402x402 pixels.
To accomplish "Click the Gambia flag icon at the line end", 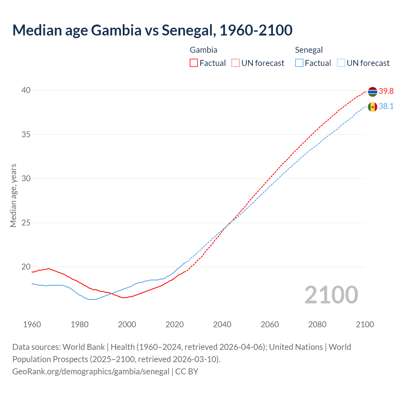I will coord(372,92).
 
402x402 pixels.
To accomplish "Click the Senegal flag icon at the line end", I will coord(372,107).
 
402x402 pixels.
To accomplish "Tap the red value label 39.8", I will coord(386,91).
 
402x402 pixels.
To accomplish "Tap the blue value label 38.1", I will coord(386,106).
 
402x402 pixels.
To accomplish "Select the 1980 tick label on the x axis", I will coord(79,324).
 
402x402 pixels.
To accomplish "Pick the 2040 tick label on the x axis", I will coord(222,324).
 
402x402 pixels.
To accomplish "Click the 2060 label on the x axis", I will coord(270,324).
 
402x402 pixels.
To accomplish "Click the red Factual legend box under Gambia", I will coord(194,63).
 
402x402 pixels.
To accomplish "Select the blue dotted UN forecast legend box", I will coord(341,63).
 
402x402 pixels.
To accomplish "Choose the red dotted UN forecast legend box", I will coord(236,63).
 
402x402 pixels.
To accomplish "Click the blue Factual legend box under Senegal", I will coord(299,63).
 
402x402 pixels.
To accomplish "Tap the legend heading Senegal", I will coord(309,50).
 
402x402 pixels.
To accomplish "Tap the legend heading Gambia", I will coord(204,50).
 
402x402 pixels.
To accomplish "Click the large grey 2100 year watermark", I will coord(331,295).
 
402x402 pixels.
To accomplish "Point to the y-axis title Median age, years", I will coord(13,195).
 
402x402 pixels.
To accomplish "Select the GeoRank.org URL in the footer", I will coord(91,372).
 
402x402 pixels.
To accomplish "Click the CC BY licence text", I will coord(187,372).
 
